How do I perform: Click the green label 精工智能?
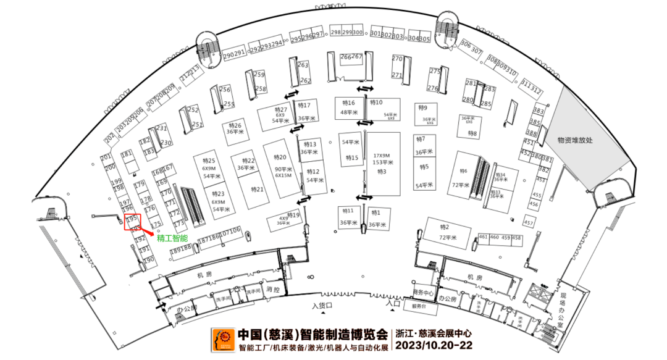tap(172, 238)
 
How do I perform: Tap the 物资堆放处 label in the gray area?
tap(574, 140)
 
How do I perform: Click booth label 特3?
tap(382, 171)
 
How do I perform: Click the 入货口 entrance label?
tap(322, 306)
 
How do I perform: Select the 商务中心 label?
tap(423, 292)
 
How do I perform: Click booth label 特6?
tap(464, 171)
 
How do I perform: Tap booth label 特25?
tap(208, 161)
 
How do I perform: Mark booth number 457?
tap(529, 222)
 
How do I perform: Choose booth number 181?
tap(127, 154)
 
